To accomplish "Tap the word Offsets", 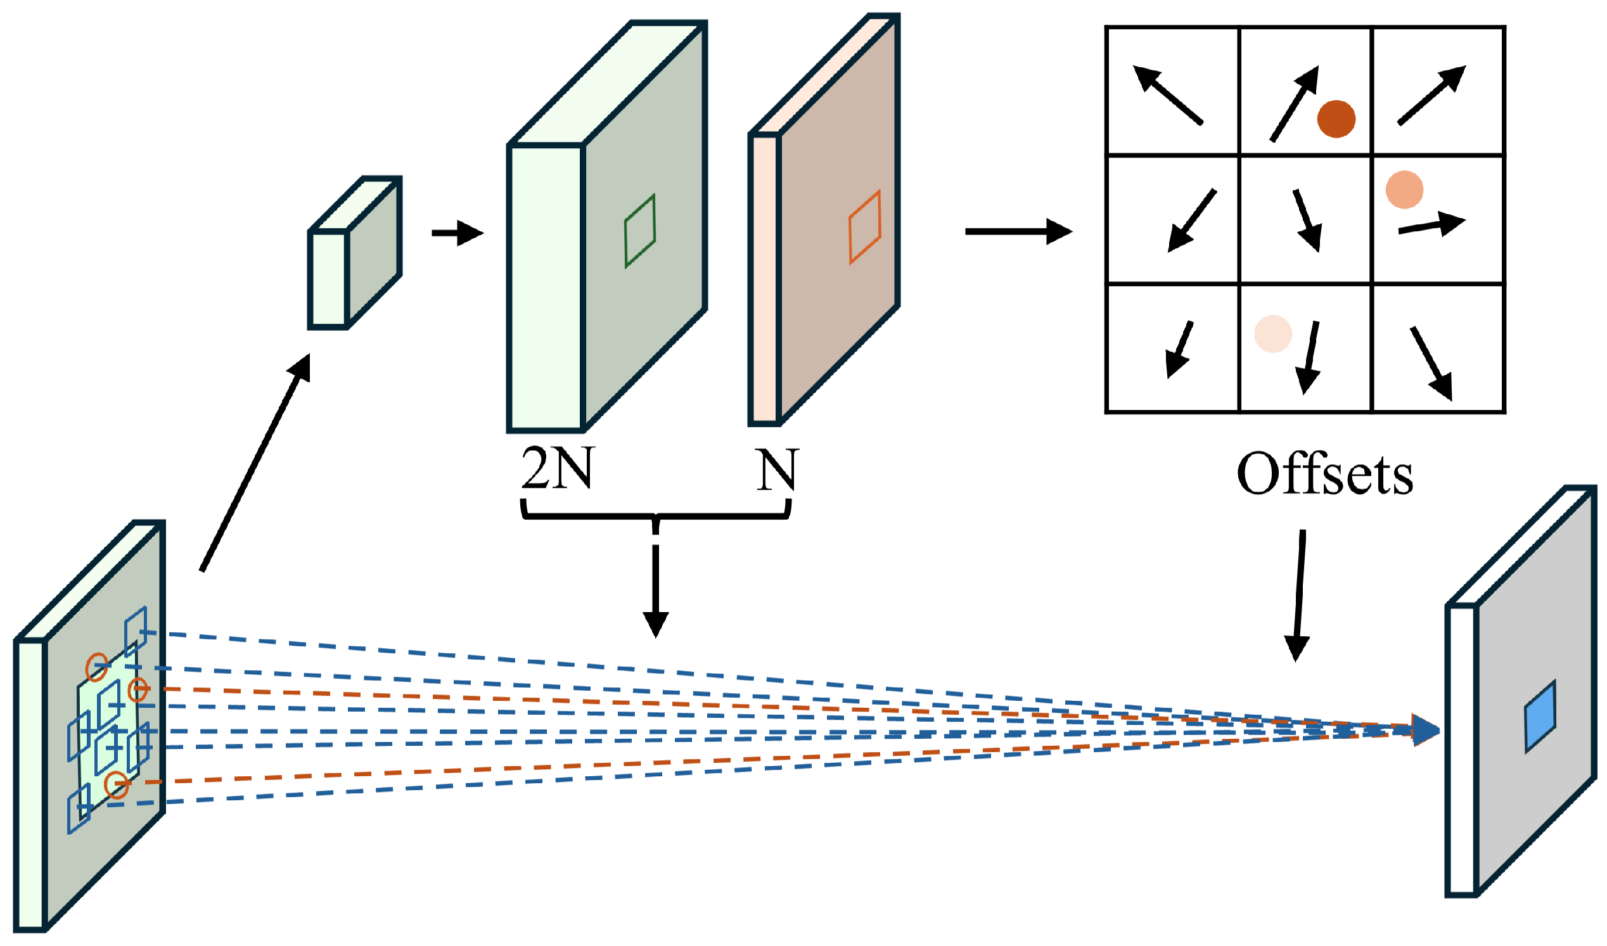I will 1326,475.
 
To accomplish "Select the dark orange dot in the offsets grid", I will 1336,119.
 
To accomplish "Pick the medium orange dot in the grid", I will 1405,190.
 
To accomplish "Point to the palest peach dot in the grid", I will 1274,334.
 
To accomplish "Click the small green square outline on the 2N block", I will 640,231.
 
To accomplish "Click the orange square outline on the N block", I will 866,227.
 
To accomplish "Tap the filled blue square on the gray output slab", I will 1540,717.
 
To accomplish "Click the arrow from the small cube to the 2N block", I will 458,233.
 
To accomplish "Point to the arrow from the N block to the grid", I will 1018,231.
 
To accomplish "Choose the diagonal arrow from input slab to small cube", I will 256,462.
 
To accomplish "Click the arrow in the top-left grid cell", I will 1168,95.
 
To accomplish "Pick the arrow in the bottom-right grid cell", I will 1432,363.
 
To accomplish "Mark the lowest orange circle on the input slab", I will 117,784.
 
